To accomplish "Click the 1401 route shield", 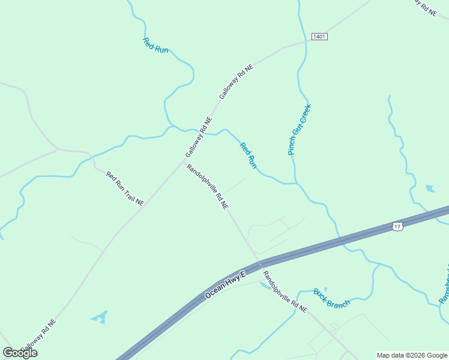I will click(319, 37).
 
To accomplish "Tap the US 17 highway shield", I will click(397, 226).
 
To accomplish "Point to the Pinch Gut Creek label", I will click(300, 129).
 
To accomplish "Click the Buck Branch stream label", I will click(331, 298).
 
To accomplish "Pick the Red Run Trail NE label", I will click(125, 189).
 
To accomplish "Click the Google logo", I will click(20, 353).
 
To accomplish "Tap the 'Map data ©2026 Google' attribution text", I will click(412, 355).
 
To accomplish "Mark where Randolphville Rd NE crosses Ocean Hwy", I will click(259, 262).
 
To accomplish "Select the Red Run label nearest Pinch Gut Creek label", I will click(249, 155).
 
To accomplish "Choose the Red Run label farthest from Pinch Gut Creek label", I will click(155, 46).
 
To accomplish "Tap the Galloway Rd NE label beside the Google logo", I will click(40, 335).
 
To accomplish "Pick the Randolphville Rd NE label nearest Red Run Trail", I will click(208, 187).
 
